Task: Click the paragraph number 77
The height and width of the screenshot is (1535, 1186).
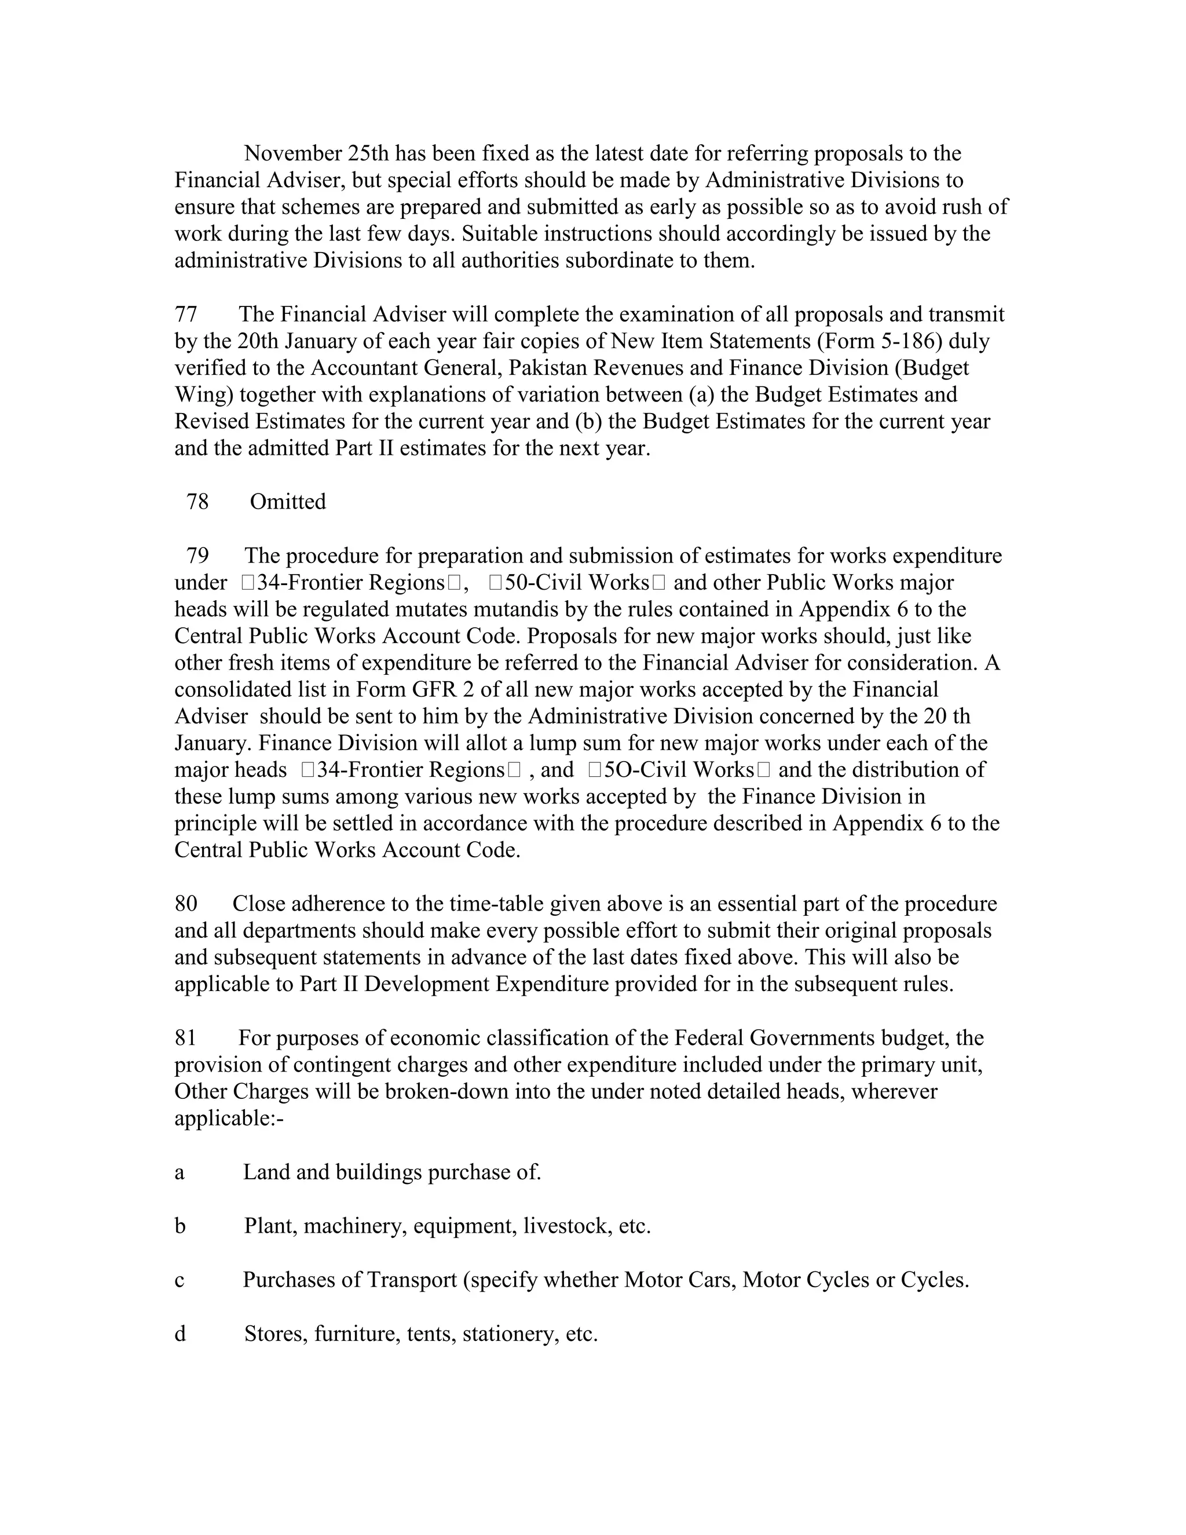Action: tap(186, 314)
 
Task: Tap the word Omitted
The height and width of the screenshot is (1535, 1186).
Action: tap(287, 502)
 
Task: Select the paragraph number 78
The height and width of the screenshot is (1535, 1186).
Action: tap(197, 502)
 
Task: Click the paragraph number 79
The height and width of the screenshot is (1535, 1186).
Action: tap(197, 556)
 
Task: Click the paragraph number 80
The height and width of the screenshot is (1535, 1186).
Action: tap(186, 904)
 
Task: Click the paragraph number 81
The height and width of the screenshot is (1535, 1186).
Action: tap(186, 1038)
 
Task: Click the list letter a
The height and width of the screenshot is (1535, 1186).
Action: tap(180, 1172)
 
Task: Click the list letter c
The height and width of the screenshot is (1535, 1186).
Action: tap(180, 1280)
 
